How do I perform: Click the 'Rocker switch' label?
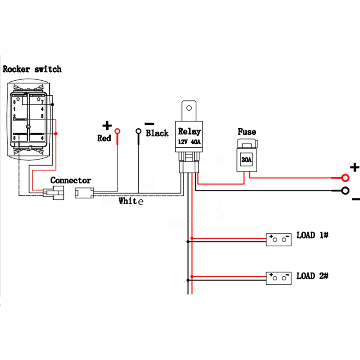(32, 69)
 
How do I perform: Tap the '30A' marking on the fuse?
(246, 160)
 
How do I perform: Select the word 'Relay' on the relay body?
(189, 131)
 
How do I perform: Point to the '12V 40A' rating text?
(189, 142)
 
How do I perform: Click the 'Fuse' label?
(247, 132)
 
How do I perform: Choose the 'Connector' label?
(70, 180)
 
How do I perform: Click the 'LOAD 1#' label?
(312, 235)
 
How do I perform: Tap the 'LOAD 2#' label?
(312, 276)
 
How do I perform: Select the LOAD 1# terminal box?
(279, 240)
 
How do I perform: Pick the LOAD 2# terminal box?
(279, 278)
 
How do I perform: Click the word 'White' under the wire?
(131, 201)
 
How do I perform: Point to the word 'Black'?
(157, 133)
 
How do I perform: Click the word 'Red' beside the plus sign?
(104, 138)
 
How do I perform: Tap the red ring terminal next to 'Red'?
(118, 131)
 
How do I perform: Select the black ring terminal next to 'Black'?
(139, 131)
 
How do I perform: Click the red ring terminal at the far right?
(346, 178)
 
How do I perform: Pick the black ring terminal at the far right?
(346, 190)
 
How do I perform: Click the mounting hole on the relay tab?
(189, 108)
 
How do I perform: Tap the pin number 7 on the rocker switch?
(42, 102)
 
